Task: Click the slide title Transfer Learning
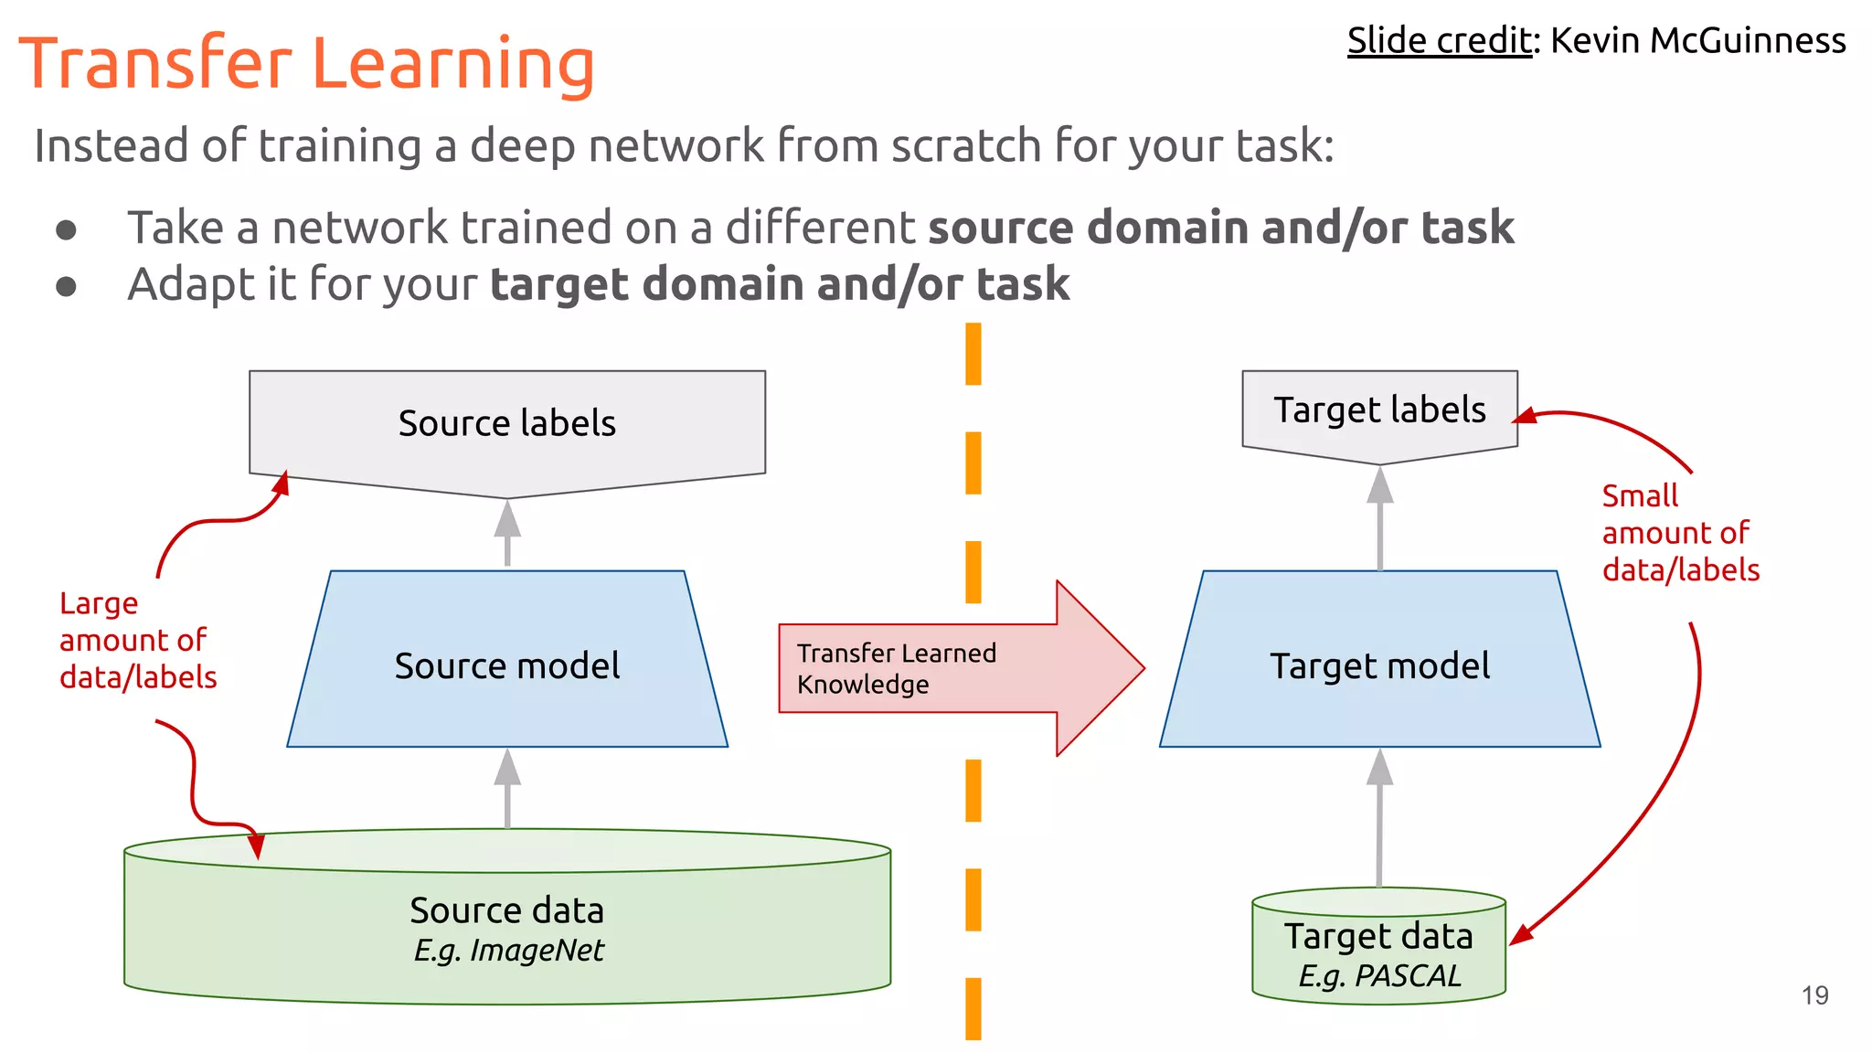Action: click(x=306, y=64)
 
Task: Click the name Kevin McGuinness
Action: click(x=1697, y=41)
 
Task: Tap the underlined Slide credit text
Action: click(x=1439, y=41)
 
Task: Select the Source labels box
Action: click(x=507, y=424)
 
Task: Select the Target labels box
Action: click(x=1379, y=410)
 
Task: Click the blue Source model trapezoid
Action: click(x=507, y=665)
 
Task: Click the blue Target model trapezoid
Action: click(x=1379, y=665)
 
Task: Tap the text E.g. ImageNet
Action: click(x=508, y=951)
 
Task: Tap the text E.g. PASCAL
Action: click(x=1379, y=976)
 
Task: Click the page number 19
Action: click(x=1814, y=995)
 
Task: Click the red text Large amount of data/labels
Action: click(x=137, y=640)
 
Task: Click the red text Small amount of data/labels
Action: click(x=1680, y=533)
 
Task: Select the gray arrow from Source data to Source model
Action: click(x=507, y=788)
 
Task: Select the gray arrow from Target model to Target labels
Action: click(x=1379, y=517)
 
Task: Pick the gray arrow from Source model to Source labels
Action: click(x=507, y=532)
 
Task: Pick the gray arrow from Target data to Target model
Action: click(x=1379, y=818)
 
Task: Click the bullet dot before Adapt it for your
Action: click(x=66, y=286)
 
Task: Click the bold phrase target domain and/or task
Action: click(x=780, y=284)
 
